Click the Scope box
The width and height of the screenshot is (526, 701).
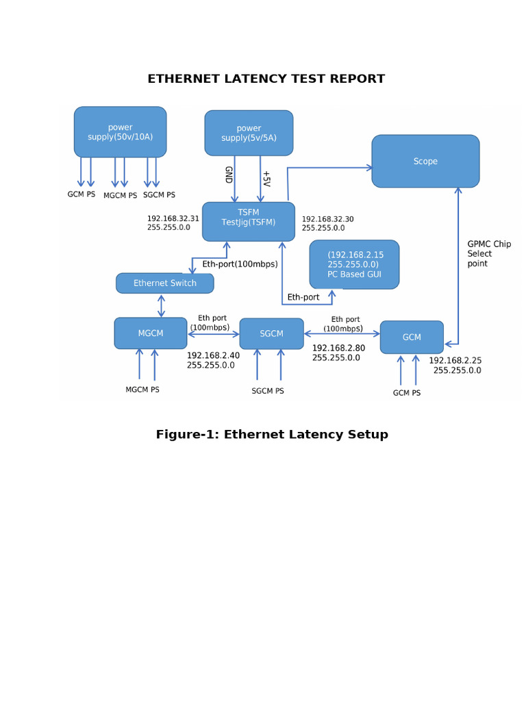click(x=425, y=161)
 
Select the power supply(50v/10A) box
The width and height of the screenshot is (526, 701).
click(x=120, y=132)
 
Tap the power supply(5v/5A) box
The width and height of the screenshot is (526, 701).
click(x=249, y=133)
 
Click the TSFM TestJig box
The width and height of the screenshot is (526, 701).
click(x=249, y=221)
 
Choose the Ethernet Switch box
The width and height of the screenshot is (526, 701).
click(x=164, y=283)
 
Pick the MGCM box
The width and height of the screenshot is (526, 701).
click(x=151, y=333)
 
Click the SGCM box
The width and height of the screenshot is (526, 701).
click(x=271, y=333)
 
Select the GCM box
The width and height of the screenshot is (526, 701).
click(x=412, y=337)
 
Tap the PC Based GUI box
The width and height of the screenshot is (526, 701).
click(x=354, y=264)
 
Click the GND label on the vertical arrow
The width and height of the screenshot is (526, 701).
click(x=228, y=175)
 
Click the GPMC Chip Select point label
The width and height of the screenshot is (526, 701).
click(x=488, y=254)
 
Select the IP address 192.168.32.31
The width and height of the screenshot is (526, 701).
click(x=173, y=219)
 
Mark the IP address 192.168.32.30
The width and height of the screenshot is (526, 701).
click(x=327, y=220)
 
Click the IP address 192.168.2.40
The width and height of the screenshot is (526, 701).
click(x=213, y=355)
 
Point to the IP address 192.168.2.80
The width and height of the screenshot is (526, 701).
click(x=338, y=348)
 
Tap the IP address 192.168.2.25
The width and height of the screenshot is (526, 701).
click(x=455, y=360)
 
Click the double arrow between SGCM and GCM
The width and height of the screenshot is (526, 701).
click(x=342, y=333)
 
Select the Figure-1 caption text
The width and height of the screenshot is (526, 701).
click(x=272, y=434)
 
